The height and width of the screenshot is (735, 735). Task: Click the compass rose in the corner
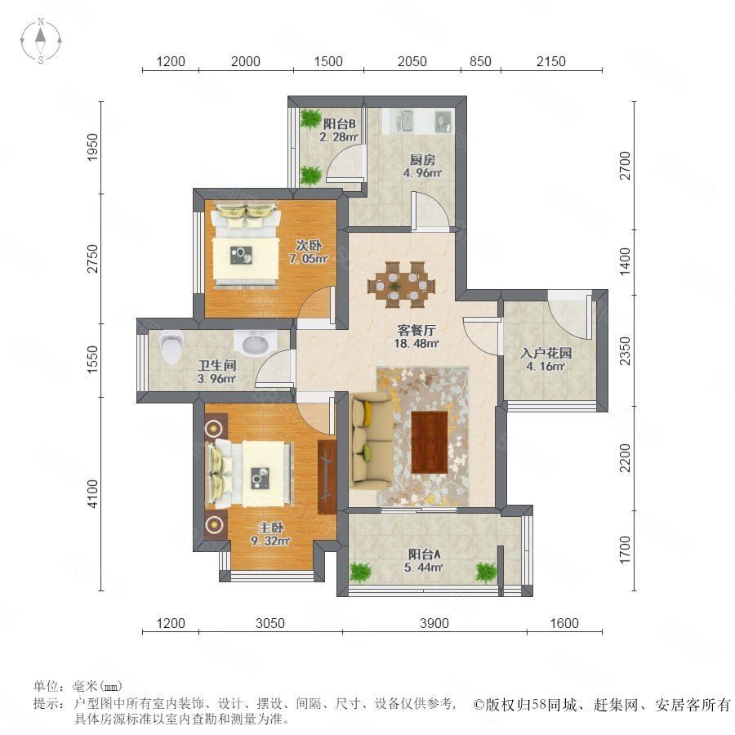(41, 41)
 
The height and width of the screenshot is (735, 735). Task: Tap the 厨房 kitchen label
(422, 159)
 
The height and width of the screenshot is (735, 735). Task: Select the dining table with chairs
(401, 284)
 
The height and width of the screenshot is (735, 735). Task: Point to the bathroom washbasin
(256, 344)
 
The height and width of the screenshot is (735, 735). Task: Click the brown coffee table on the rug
(430, 442)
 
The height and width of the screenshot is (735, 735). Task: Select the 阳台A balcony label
(424, 554)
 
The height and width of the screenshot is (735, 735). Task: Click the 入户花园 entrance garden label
(546, 353)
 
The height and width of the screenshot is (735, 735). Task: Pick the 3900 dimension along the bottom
(434, 623)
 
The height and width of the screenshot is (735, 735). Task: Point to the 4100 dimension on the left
(93, 493)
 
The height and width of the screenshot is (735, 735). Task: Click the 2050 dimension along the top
(412, 61)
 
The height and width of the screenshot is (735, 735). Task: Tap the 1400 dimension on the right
(625, 261)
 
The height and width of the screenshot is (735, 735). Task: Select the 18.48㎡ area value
(416, 343)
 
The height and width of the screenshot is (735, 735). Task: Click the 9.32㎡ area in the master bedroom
(270, 541)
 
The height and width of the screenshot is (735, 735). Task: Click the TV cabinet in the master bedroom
(327, 477)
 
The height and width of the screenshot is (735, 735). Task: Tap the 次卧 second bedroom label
(309, 245)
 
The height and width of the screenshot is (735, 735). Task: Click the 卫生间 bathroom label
(216, 365)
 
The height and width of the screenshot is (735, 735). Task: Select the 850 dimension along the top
(480, 61)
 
